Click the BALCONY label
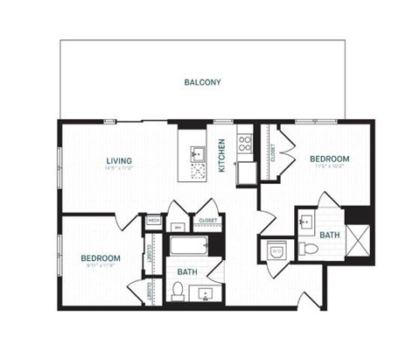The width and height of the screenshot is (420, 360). pyautogui.click(x=202, y=83)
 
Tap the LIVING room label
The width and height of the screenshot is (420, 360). pyautogui.click(x=119, y=161)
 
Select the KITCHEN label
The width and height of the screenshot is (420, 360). pyautogui.click(x=222, y=155)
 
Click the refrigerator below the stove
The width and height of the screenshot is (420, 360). pyautogui.click(x=247, y=170)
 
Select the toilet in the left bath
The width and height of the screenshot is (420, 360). pyautogui.click(x=178, y=290)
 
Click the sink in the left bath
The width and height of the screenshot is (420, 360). pyautogui.click(x=207, y=293)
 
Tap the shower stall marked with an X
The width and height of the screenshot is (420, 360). pyautogui.click(x=357, y=240)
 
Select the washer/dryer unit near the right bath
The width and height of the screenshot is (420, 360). pyautogui.click(x=276, y=251)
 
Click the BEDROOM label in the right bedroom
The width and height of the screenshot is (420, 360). pyautogui.click(x=329, y=159)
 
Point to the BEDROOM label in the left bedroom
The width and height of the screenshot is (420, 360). pyautogui.click(x=101, y=258)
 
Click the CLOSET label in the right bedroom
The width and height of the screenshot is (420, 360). pyautogui.click(x=273, y=154)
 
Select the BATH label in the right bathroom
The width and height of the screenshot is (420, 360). pyautogui.click(x=330, y=235)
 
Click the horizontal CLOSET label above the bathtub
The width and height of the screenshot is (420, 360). pyautogui.click(x=208, y=220)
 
